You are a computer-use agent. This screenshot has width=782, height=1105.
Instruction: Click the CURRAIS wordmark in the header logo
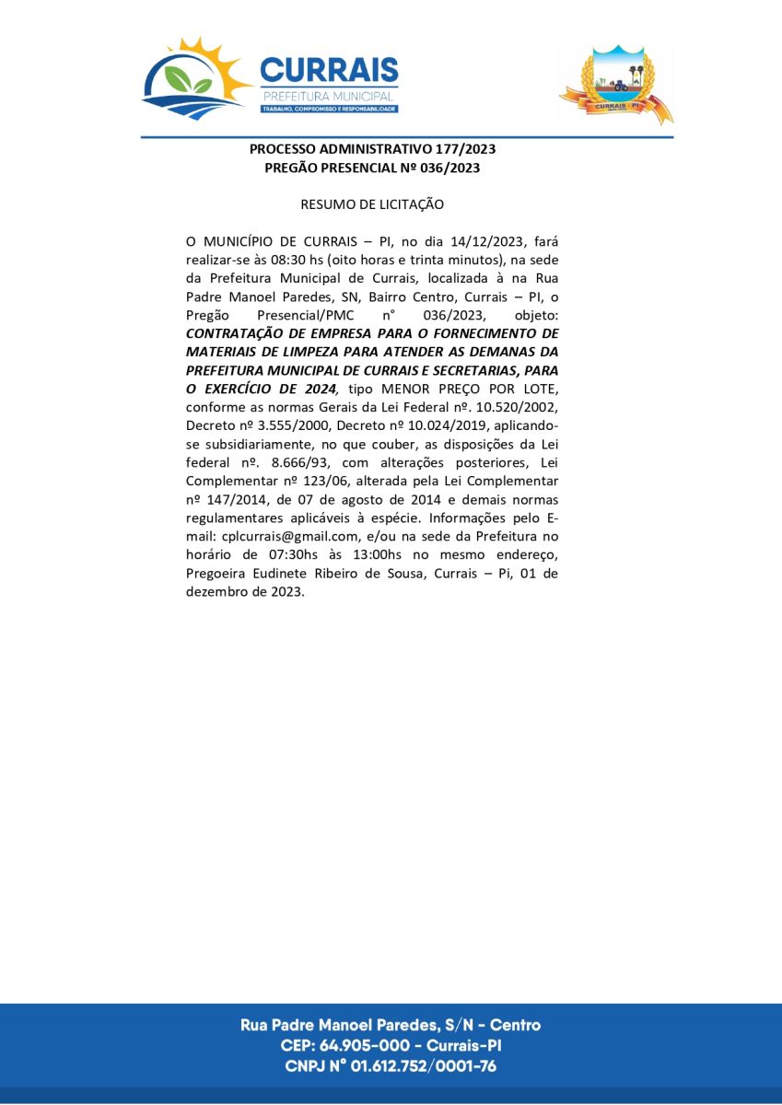pos(329,71)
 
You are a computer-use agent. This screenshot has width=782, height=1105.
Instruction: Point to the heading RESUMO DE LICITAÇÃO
pos(372,204)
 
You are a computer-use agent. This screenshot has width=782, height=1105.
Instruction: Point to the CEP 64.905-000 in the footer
pos(365,1046)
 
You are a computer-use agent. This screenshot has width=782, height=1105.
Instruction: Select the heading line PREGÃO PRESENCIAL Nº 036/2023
pos(372,168)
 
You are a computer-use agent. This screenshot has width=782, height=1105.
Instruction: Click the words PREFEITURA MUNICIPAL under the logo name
pos(329,96)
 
